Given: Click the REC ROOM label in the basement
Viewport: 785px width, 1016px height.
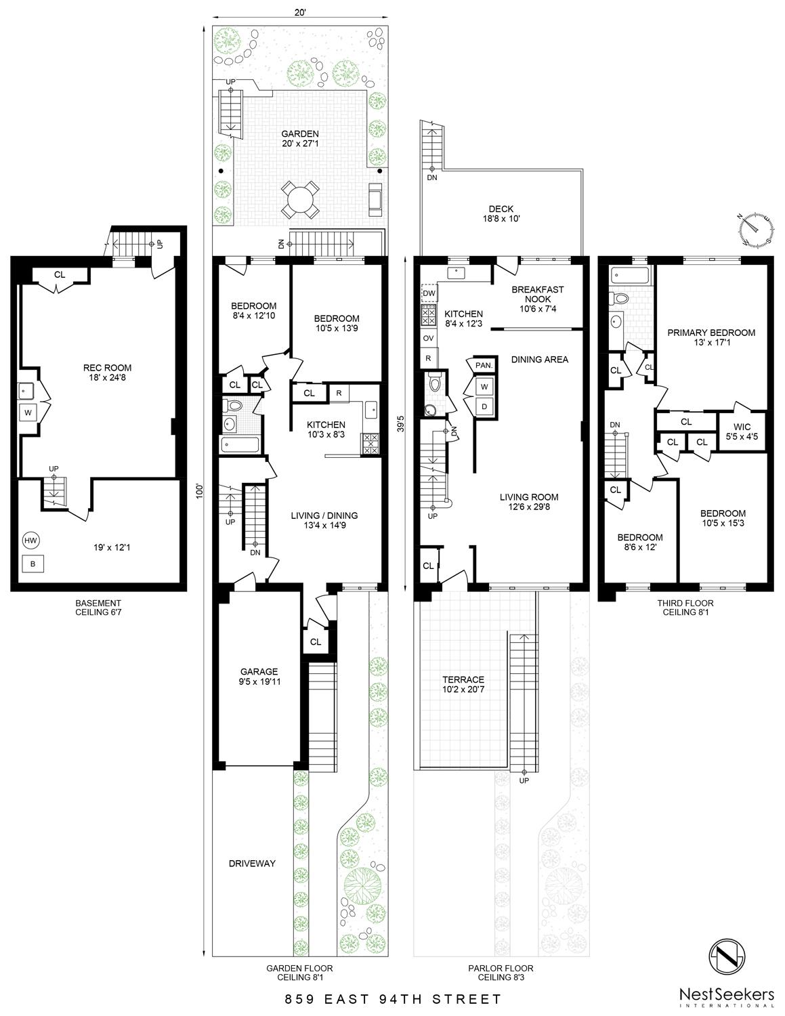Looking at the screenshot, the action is pos(107,368).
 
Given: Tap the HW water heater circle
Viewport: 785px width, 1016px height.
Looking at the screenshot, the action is pos(30,541).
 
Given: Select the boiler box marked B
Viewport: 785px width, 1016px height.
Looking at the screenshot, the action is pos(33,564).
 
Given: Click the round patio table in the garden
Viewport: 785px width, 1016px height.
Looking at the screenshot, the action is pos(299,200).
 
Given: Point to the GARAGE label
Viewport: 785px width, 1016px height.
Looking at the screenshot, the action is pos(259,671).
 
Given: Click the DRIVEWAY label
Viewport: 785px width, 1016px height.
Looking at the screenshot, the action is pos(252,864).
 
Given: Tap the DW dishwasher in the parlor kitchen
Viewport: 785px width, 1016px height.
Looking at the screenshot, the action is pos(429,293).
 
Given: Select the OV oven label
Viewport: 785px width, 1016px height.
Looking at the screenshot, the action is pos(428,338).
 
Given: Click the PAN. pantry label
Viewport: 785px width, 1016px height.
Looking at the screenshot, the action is pos(484,365).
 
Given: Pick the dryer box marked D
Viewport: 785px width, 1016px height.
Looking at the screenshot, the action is pos(484,406).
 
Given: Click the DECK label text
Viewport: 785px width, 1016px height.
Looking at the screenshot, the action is pos(501,209).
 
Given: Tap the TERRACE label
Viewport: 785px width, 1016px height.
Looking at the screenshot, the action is pos(463,679).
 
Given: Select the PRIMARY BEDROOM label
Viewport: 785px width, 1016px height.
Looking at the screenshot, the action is pos(711,333).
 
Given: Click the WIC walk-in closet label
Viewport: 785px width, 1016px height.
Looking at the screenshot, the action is pos(742,427).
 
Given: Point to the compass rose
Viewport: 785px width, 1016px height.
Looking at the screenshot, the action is pos(754,229).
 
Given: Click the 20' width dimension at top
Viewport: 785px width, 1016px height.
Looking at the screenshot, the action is pos(300,13).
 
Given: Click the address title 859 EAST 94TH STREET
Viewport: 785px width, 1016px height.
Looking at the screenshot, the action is pos(394,1000).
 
